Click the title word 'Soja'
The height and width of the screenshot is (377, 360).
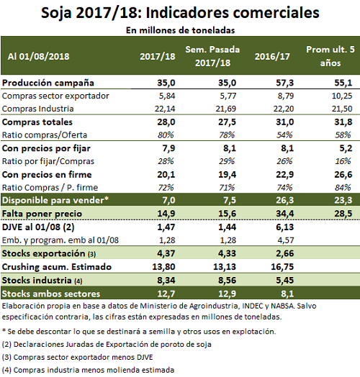click(56, 13)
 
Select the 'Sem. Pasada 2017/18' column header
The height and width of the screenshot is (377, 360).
click(212, 56)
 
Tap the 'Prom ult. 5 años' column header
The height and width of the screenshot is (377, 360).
click(330, 56)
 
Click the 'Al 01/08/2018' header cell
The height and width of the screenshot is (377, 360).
click(38, 57)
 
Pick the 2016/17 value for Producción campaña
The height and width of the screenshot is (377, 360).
click(284, 83)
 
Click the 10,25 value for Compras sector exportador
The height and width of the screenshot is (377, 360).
click(342, 96)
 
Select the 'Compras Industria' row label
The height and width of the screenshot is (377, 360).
click(37, 109)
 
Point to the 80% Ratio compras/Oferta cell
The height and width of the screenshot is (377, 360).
click(166, 135)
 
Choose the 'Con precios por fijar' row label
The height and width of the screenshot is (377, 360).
click(46, 148)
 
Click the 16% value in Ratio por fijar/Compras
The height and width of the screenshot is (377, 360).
click(343, 161)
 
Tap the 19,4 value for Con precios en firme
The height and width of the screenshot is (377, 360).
click(227, 175)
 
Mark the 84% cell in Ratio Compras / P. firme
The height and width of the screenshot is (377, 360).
click(343, 187)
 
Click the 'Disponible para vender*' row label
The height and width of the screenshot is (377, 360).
click(55, 200)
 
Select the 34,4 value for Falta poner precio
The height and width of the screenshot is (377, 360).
click(284, 214)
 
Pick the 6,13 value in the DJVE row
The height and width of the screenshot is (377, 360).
click(284, 227)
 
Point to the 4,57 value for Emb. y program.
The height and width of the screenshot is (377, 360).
click(285, 240)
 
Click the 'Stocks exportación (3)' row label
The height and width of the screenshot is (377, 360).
click(49, 253)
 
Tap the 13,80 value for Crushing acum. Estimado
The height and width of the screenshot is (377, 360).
click(163, 267)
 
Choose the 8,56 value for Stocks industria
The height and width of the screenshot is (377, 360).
click(227, 280)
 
